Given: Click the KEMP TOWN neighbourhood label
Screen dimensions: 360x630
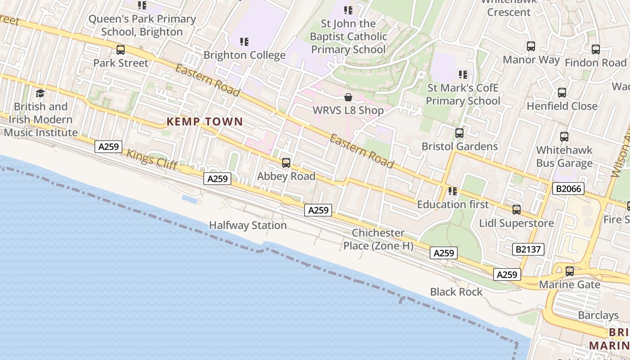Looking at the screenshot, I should coord(205,121).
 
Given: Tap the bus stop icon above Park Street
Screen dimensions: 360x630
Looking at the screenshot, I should coord(120,50).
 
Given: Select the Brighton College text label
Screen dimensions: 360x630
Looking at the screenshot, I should coord(244,55).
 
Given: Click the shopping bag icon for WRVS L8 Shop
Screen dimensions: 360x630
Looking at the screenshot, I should coord(348,97).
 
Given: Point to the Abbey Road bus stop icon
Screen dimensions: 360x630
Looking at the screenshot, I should coord(286,163).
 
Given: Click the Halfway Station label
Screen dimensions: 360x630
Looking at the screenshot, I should coord(247,225).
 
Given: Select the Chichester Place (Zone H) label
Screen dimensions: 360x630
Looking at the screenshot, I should coord(378,239).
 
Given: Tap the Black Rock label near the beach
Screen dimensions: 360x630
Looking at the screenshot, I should coord(456,292).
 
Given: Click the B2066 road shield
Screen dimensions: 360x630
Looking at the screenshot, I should coord(568,189).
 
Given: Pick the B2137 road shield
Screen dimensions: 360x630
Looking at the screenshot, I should coord(528,249).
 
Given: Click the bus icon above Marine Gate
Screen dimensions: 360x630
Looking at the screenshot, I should coord(569,271).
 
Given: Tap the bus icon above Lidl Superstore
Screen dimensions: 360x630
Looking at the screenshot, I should coord(516,210).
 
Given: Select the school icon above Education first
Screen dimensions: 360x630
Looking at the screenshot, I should coord(452,191).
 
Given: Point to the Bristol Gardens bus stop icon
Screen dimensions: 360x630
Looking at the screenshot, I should coord(459,133).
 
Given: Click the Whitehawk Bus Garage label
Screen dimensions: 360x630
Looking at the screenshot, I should coord(564,157).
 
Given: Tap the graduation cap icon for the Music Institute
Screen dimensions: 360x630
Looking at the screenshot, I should coord(40,94).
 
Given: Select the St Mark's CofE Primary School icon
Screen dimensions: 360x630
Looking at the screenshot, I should coord(463,75).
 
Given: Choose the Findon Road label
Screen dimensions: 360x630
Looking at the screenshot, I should coord(595,63).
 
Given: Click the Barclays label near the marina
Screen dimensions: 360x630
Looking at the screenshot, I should coord(598,315).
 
